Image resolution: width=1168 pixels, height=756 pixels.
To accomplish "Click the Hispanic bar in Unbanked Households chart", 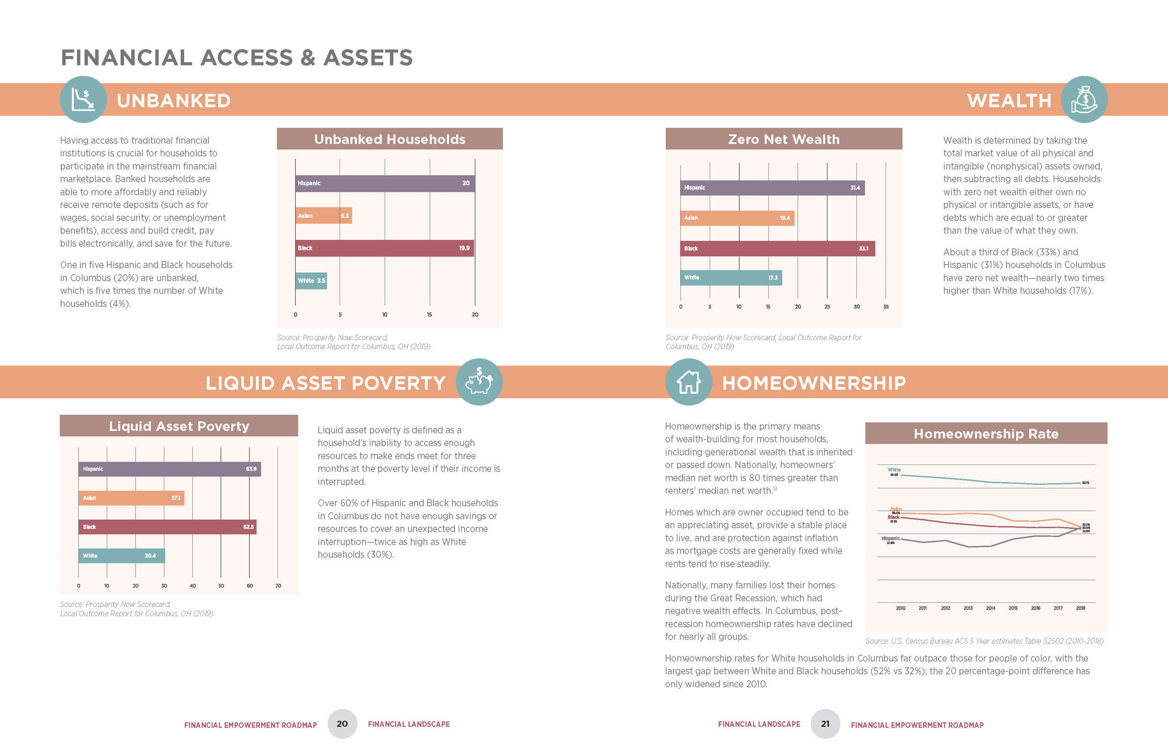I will pyautogui.click(x=385, y=183).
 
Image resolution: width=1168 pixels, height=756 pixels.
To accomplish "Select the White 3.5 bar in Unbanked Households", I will pyautogui.click(x=311, y=281).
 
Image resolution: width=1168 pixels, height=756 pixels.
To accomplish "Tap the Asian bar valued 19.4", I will pyautogui.click(x=737, y=218).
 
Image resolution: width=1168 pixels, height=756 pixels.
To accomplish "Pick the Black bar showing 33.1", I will pyautogui.click(x=777, y=249).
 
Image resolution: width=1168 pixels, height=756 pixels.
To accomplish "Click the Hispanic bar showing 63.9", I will pyautogui.click(x=169, y=469).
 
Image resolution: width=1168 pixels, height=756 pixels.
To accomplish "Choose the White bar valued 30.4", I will pyautogui.click(x=122, y=556).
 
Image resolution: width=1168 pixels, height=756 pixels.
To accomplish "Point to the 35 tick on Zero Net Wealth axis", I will pyautogui.click(x=886, y=307).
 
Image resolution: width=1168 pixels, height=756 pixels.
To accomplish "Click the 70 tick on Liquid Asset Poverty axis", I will pyautogui.click(x=278, y=585).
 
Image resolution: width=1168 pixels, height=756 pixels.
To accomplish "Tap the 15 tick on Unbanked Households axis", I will pyautogui.click(x=429, y=314).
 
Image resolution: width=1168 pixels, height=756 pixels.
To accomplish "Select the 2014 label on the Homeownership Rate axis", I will pyautogui.click(x=990, y=608).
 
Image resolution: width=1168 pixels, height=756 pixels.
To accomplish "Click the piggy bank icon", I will pyautogui.click(x=479, y=382).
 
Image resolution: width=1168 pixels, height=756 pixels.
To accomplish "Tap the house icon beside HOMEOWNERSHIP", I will pyautogui.click(x=689, y=382).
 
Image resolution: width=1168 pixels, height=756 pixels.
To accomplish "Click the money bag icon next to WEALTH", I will pyautogui.click(x=1083, y=100).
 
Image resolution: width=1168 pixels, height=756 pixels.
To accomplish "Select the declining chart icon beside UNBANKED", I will pyautogui.click(x=83, y=100).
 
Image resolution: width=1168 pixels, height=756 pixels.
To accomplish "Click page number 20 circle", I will pyautogui.click(x=342, y=724).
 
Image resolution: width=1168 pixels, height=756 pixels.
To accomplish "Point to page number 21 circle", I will pyautogui.click(x=825, y=724).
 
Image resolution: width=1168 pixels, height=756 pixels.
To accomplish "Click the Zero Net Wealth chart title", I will pyautogui.click(x=784, y=139).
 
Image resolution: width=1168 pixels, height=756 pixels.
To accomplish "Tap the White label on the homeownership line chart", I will pyautogui.click(x=894, y=470).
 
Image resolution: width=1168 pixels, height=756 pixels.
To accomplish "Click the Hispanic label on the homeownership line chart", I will pyautogui.click(x=890, y=539).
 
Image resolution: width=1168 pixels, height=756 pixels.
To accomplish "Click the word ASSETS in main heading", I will pyautogui.click(x=368, y=57).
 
